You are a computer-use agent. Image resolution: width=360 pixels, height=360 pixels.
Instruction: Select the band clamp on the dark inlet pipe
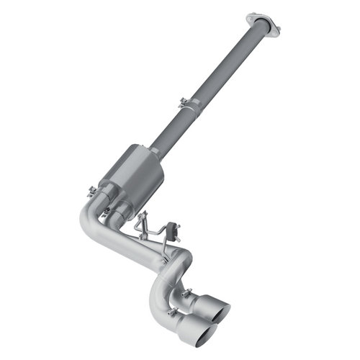click(x=189, y=105)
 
